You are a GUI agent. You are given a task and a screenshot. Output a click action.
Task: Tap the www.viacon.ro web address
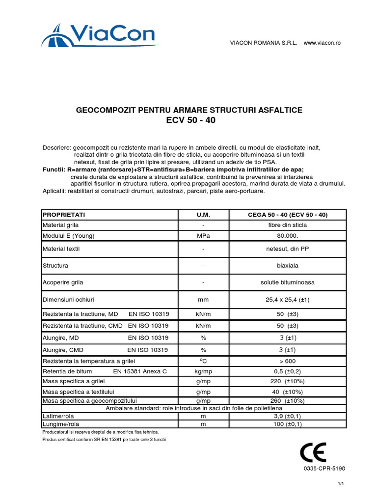click(x=322, y=43)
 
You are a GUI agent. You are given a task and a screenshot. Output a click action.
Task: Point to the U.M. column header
click(x=203, y=215)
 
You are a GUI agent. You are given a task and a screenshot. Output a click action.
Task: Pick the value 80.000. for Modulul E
click(x=287, y=236)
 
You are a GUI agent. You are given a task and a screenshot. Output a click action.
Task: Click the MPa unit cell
click(x=203, y=236)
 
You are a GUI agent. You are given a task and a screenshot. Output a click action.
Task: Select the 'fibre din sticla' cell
click(x=287, y=225)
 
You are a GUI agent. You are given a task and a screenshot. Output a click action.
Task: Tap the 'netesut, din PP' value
click(x=287, y=249)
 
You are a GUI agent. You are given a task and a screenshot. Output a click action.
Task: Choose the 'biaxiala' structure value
click(x=287, y=265)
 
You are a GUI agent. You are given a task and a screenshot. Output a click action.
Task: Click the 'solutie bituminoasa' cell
click(x=287, y=282)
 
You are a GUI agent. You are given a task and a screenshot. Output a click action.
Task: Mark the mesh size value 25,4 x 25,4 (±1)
click(x=287, y=300)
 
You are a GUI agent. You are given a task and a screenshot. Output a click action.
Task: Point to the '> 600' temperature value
click(x=287, y=361)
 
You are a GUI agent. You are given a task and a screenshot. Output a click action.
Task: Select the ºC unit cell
click(x=203, y=361)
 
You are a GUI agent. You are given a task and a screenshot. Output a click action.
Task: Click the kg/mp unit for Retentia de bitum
click(x=203, y=371)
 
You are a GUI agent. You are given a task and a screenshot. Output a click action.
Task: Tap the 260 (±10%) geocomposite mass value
click(x=287, y=401)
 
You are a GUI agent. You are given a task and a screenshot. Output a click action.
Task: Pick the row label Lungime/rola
click(x=61, y=423)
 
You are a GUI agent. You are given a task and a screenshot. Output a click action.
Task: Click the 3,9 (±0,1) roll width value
click(x=287, y=416)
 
